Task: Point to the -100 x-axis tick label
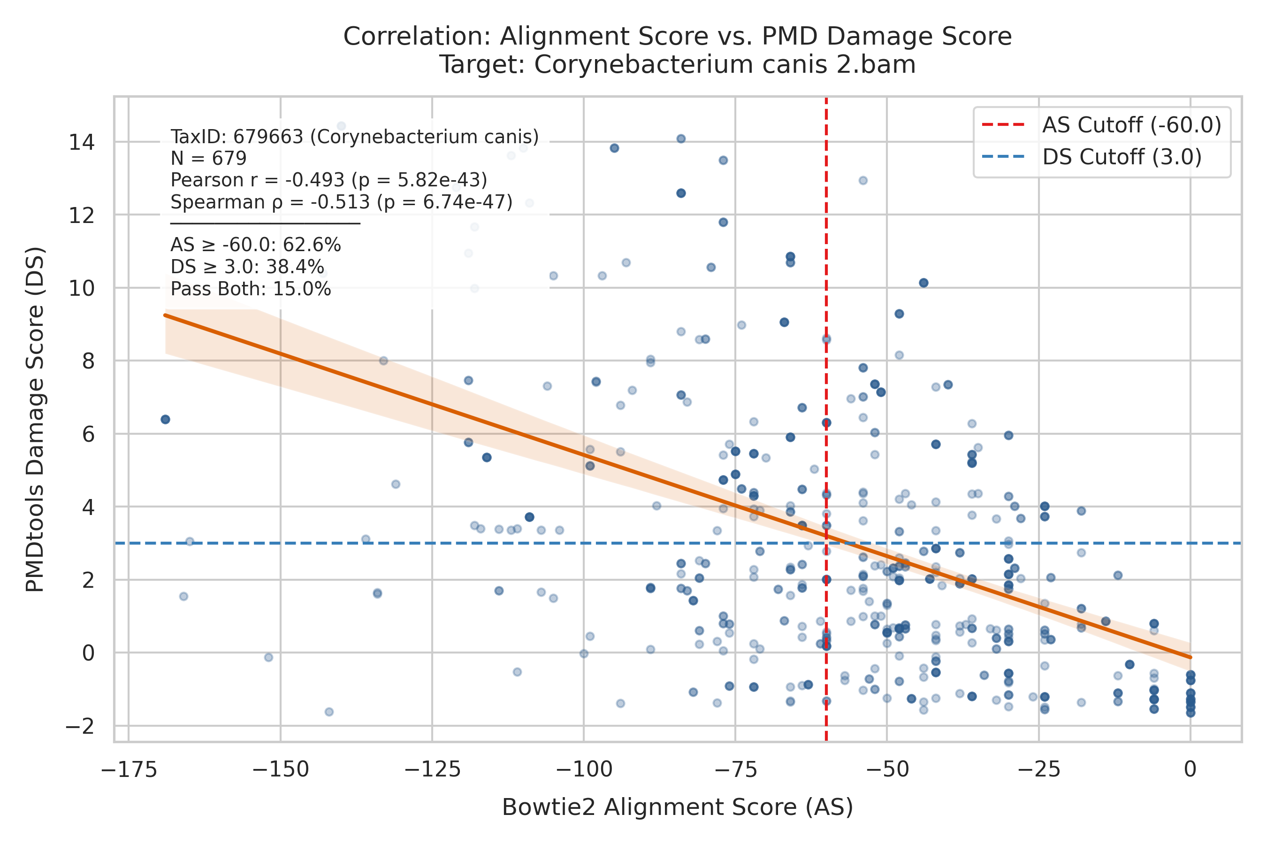pos(584,769)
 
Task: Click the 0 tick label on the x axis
pos(1191,769)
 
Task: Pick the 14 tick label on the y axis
pos(81,143)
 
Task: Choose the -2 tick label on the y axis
pos(80,726)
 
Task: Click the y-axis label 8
pos(88,361)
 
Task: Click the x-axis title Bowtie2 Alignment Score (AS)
pos(678,808)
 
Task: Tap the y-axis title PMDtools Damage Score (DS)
pos(36,419)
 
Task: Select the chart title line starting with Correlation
pos(678,37)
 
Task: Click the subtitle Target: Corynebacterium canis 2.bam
pos(678,65)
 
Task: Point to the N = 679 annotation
pos(208,159)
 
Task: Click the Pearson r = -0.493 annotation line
pos(328,180)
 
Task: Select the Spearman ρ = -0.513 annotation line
pos(342,202)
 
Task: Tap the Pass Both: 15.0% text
pos(251,289)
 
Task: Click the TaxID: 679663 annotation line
pos(354,137)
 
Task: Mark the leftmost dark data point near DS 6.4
pos(165,420)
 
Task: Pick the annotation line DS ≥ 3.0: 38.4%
pos(247,267)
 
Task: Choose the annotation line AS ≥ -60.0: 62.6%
pos(255,245)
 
